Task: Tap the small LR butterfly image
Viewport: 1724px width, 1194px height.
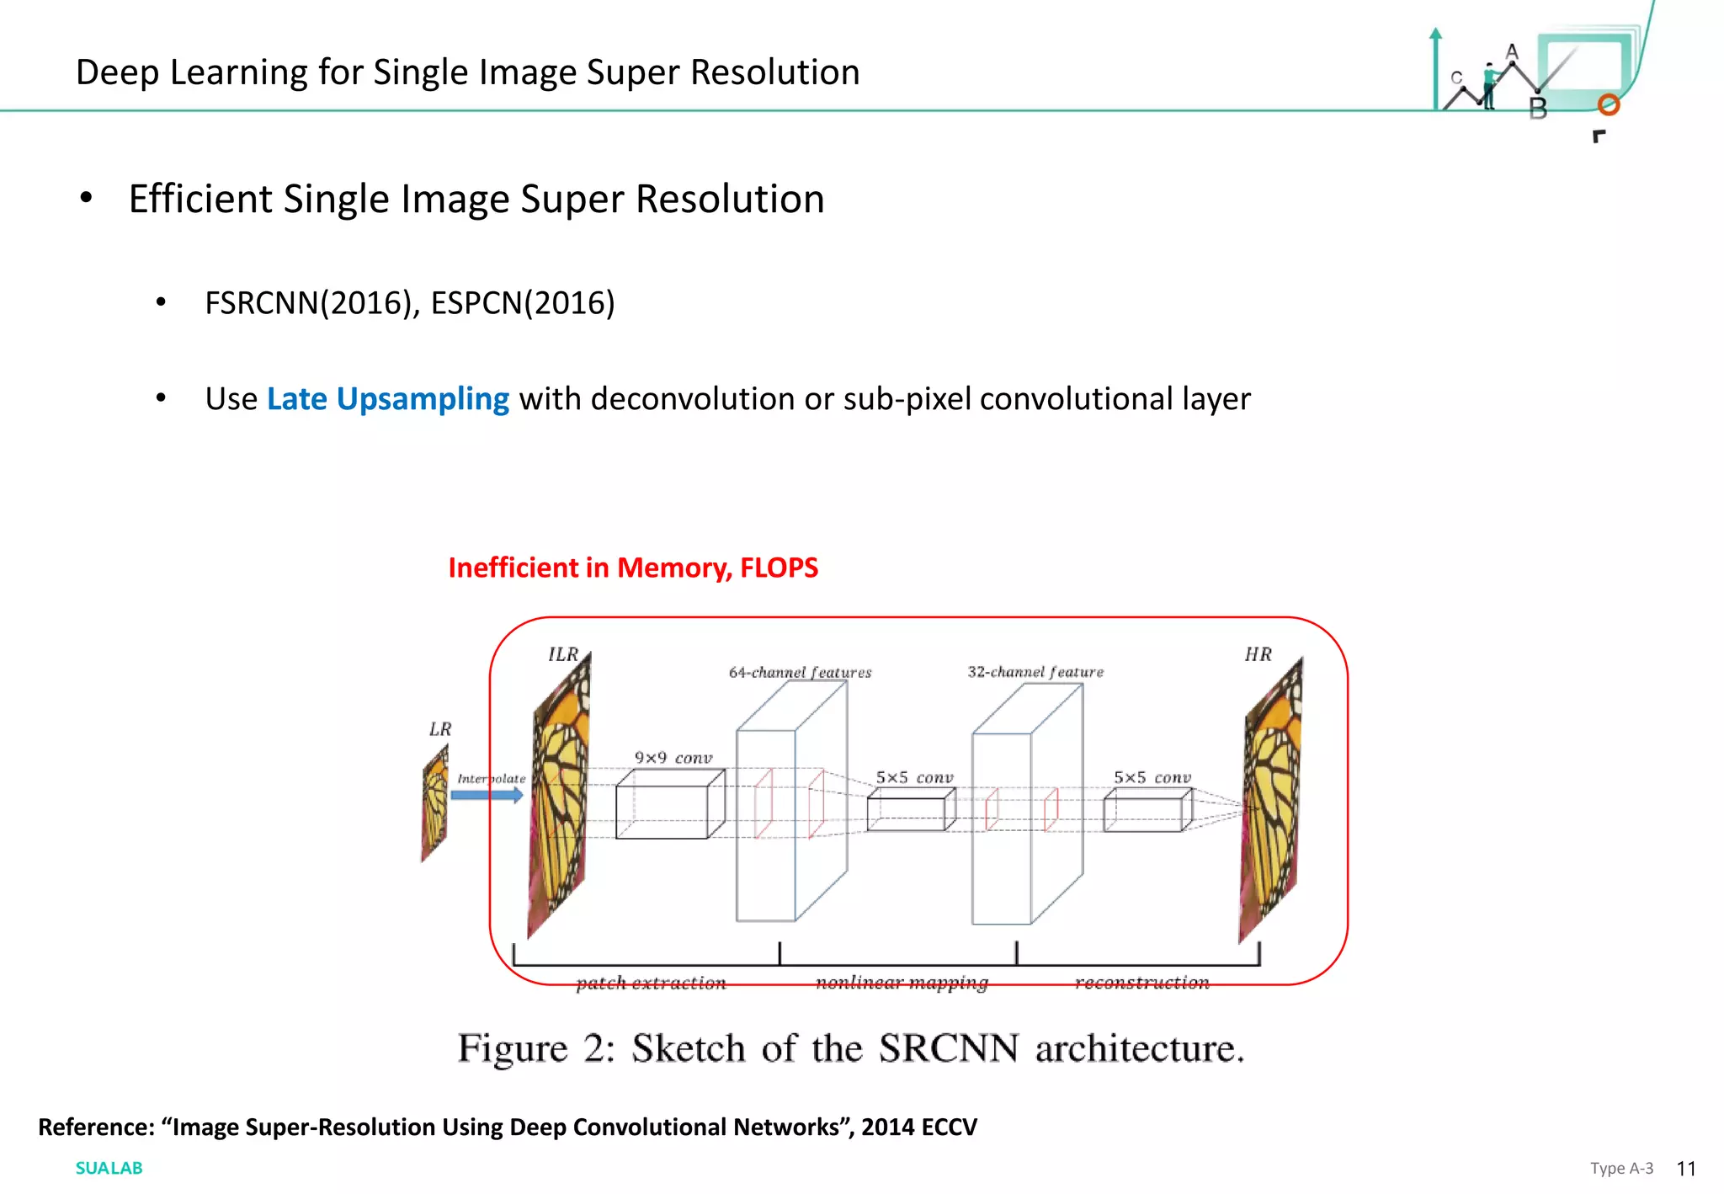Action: coord(434,804)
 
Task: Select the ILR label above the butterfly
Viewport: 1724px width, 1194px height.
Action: coord(563,654)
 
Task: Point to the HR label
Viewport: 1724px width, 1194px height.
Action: coord(1258,654)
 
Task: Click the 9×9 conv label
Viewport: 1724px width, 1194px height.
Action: coord(673,758)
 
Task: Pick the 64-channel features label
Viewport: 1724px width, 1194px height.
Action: coord(800,672)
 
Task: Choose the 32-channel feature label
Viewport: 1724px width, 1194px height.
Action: coord(1035,672)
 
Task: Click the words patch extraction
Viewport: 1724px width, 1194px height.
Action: coord(651,983)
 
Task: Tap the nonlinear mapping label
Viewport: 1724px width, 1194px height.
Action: coord(902,983)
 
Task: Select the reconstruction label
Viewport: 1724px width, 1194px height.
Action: coord(1141,983)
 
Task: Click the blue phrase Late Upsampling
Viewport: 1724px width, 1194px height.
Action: coord(387,399)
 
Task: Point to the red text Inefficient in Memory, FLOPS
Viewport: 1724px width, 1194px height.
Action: coord(633,568)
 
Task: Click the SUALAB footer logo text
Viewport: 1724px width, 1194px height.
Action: coord(109,1168)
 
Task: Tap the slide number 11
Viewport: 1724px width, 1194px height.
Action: coord(1685,1169)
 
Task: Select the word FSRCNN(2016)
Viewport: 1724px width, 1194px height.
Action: coord(311,303)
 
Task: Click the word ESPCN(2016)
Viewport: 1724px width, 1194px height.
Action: coord(523,303)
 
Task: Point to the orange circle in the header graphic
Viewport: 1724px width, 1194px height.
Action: coord(1609,105)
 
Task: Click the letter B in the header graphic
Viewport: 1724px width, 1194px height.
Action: coord(1538,109)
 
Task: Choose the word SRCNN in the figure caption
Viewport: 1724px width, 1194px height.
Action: coord(948,1048)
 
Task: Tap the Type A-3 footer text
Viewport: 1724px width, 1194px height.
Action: coord(1621,1169)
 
